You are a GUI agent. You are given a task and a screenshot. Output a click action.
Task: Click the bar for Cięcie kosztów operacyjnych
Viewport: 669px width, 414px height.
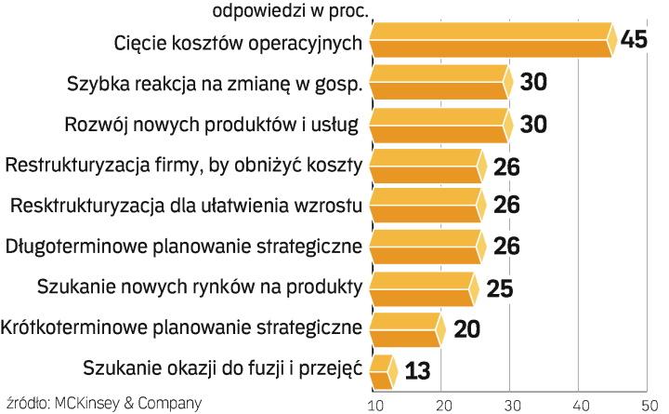point(491,42)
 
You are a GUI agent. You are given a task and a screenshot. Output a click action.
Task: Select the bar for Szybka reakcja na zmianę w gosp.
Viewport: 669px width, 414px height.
point(439,82)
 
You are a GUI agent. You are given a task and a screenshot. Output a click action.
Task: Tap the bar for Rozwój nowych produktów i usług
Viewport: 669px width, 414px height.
point(439,124)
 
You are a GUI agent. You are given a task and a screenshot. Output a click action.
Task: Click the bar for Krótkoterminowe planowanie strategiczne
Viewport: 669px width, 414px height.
point(404,329)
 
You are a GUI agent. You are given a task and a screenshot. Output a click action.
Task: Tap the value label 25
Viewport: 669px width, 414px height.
point(500,287)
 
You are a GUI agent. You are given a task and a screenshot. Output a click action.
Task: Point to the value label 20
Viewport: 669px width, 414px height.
point(466,329)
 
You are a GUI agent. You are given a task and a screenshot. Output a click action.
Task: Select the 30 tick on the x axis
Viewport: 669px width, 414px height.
point(510,406)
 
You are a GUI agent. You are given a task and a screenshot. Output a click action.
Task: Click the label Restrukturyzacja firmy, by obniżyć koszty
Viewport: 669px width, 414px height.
point(184,166)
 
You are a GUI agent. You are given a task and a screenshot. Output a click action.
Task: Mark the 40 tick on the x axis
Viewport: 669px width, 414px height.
point(579,406)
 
